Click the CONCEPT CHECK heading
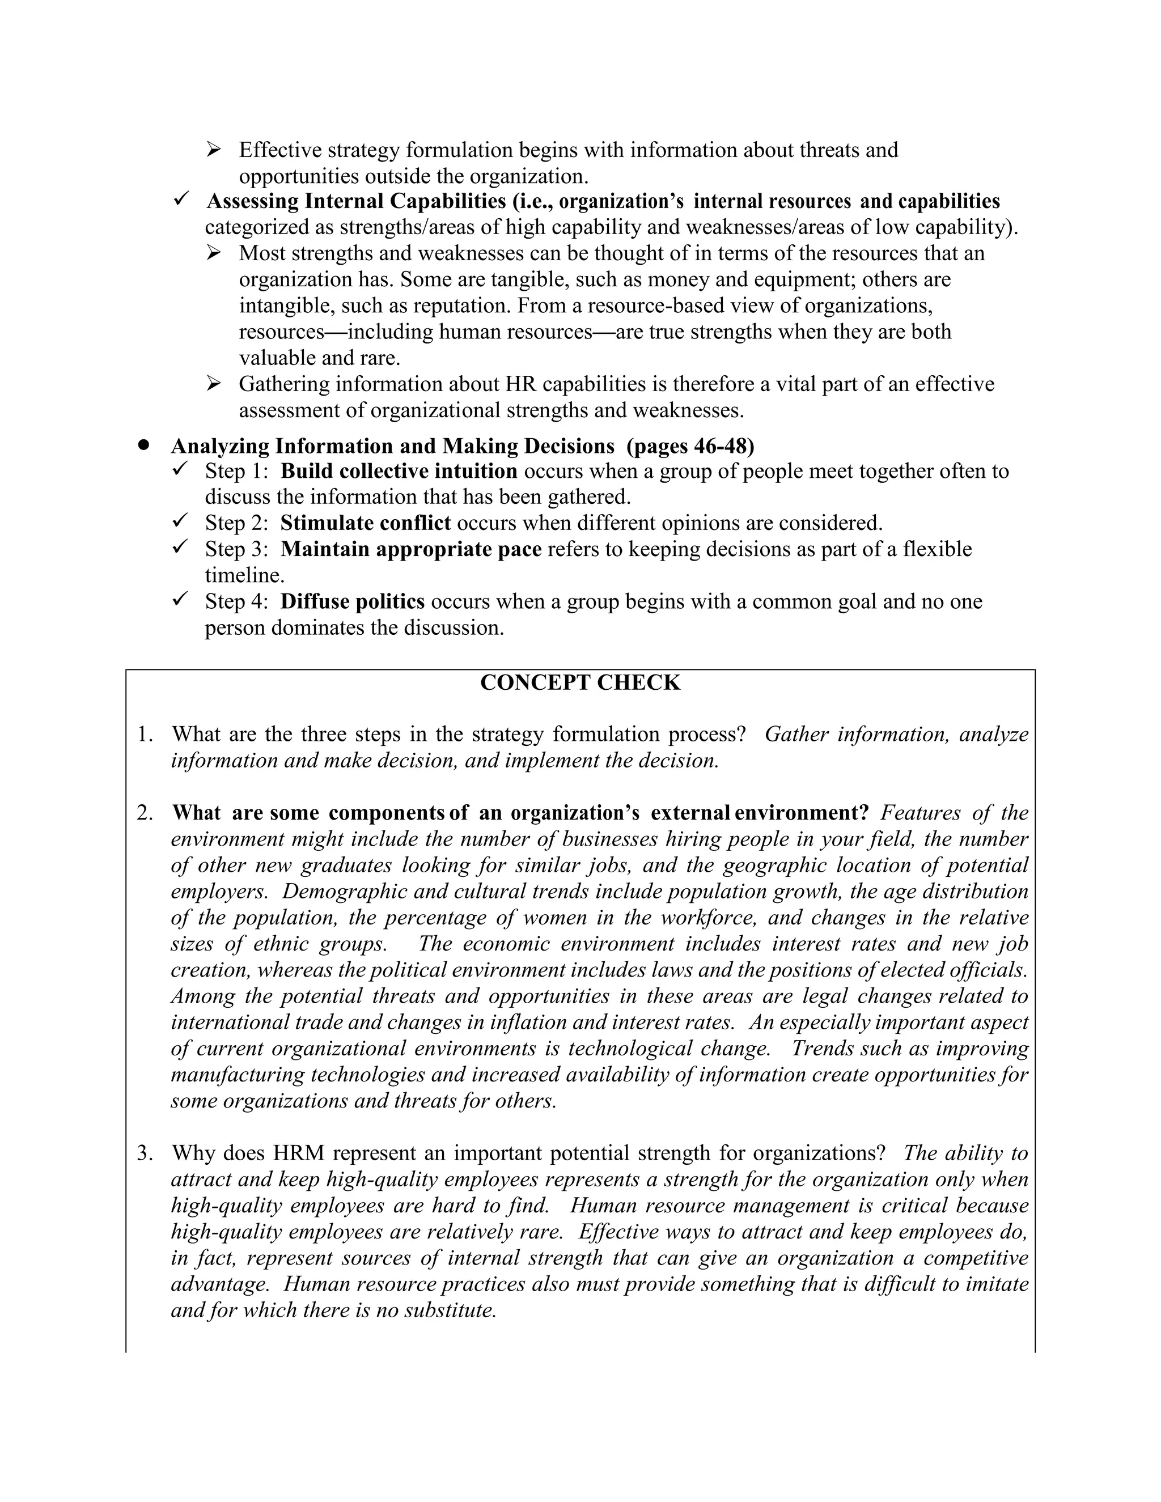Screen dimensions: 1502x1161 coord(580,683)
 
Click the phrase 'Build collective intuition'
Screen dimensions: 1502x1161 coord(399,471)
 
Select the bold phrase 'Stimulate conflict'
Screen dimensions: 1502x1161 coord(365,523)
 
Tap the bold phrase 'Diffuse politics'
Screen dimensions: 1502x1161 coord(352,602)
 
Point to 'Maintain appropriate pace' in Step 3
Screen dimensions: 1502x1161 coord(410,549)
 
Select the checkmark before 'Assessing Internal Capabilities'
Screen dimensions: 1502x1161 coord(181,200)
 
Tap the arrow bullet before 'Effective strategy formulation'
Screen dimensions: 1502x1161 coord(214,149)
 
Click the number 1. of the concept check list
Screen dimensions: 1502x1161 coord(145,735)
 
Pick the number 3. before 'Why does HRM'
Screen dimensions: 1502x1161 coord(145,1153)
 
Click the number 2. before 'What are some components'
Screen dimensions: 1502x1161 coord(145,813)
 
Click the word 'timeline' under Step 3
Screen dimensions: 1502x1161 coord(243,576)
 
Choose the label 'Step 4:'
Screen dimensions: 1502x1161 coord(236,602)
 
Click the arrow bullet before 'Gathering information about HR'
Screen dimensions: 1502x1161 coord(214,383)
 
